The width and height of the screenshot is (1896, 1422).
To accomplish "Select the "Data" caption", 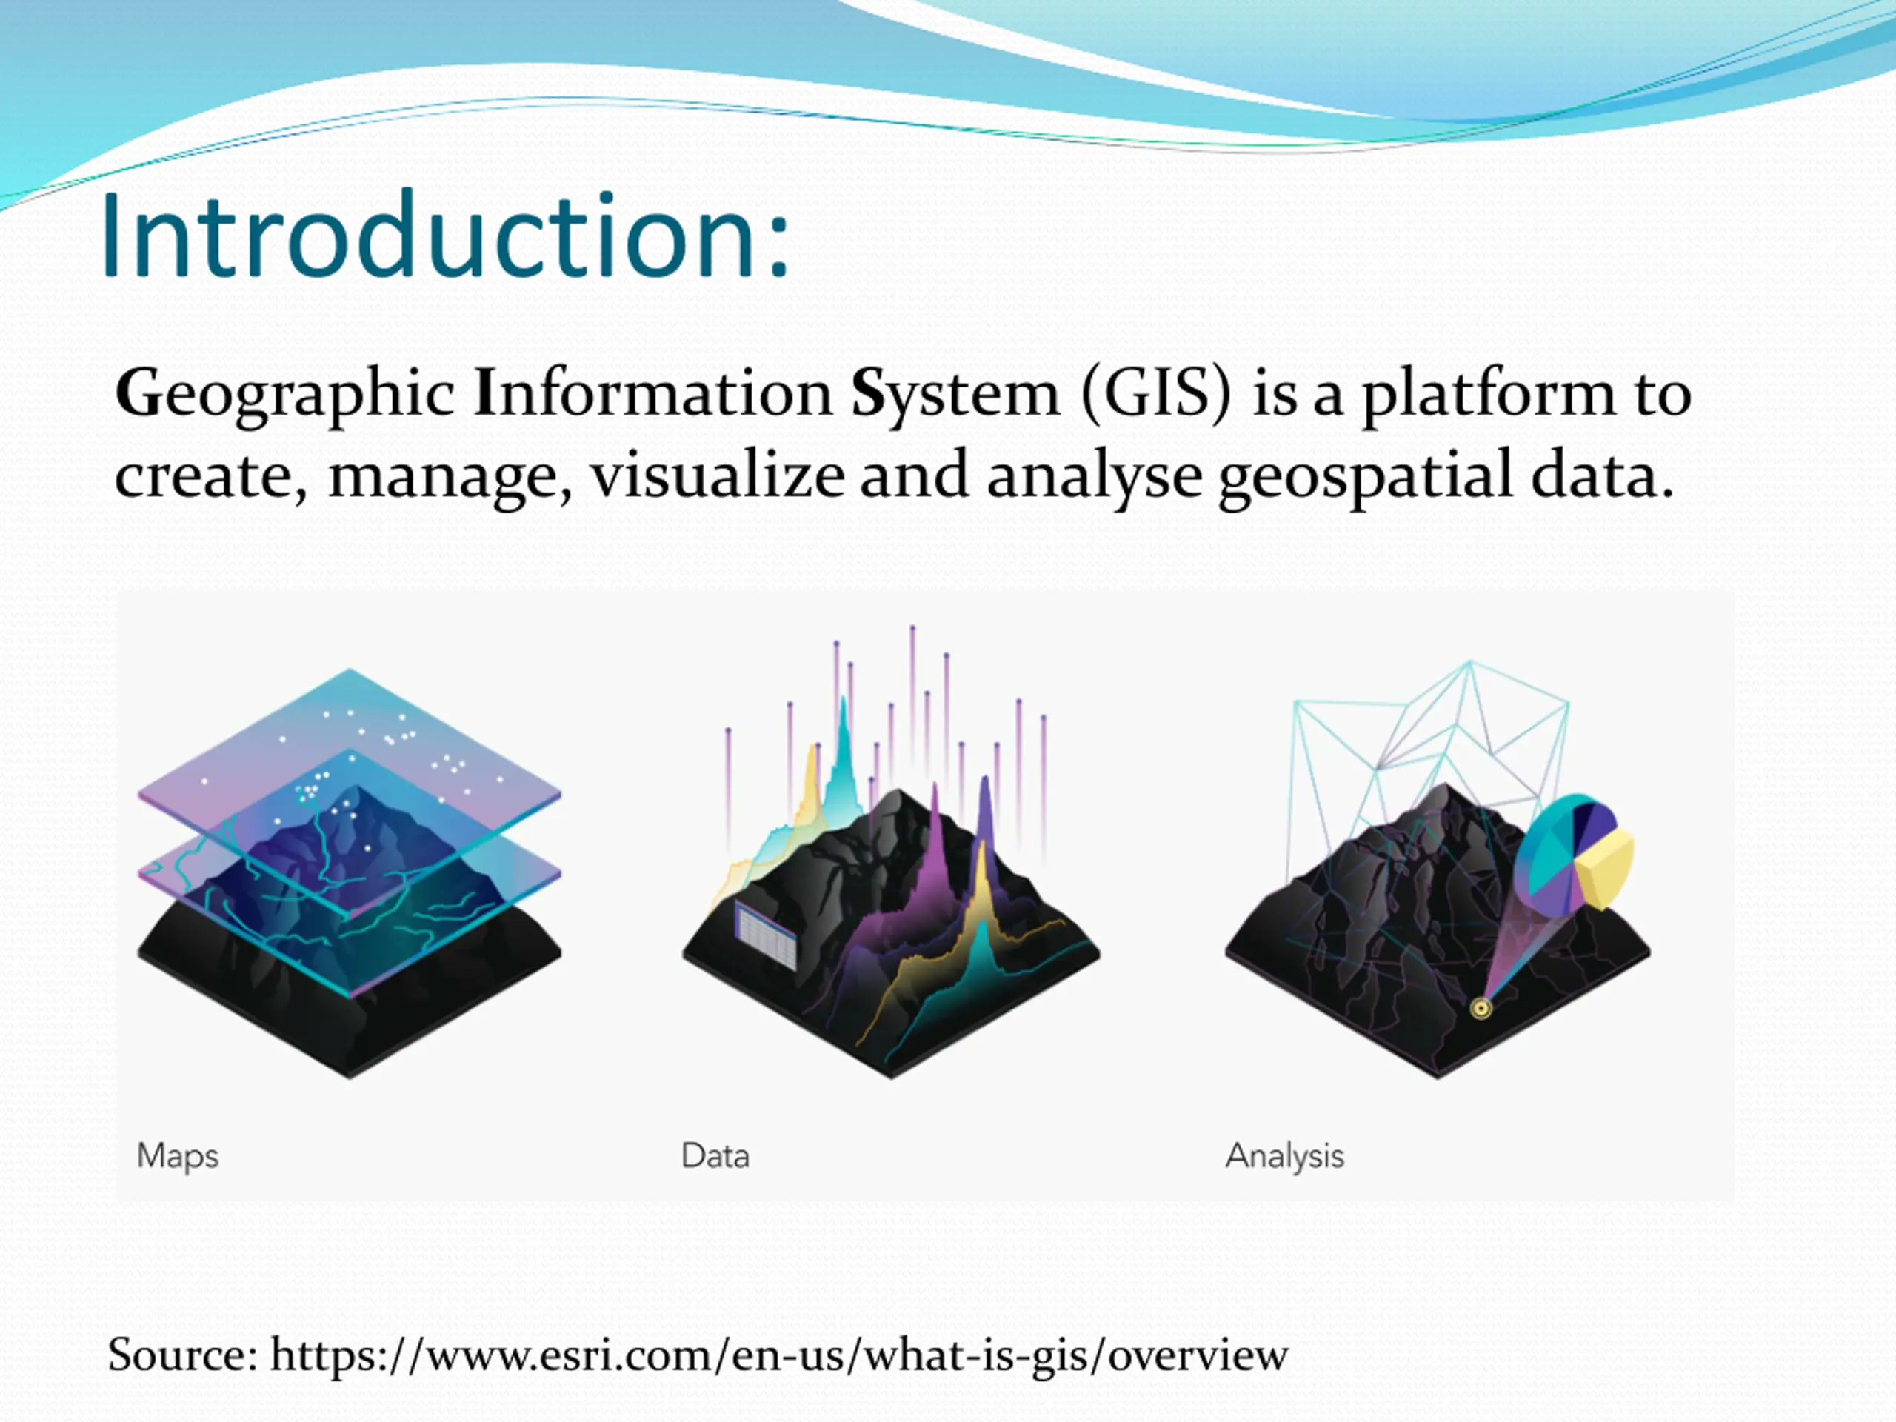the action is (715, 1155).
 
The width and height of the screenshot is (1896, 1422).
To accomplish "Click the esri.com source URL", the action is (779, 1355).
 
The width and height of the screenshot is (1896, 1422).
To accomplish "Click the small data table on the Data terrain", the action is (765, 935).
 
